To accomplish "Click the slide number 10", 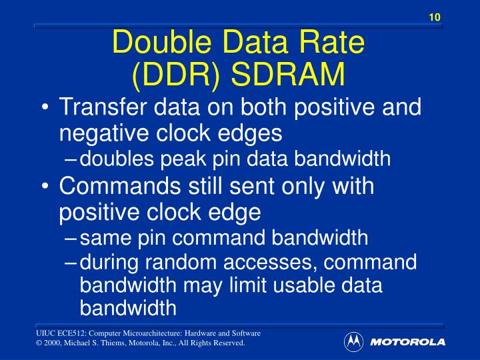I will [x=435, y=17].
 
